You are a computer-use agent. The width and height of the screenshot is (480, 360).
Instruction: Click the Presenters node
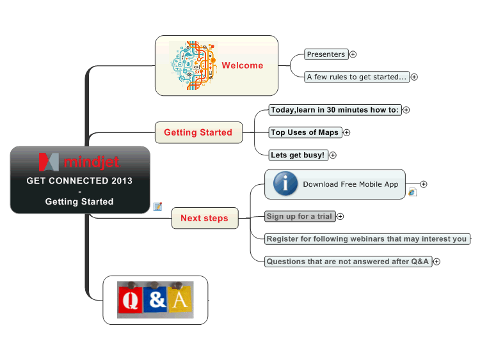pyautogui.click(x=326, y=54)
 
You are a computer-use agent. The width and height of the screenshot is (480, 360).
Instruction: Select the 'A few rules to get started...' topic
pyautogui.click(x=356, y=77)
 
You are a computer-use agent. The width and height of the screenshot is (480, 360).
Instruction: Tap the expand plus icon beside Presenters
pyautogui.click(x=353, y=54)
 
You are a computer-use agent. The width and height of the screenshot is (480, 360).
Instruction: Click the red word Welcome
pyautogui.click(x=243, y=65)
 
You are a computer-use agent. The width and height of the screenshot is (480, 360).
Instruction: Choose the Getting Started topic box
pyautogui.click(x=198, y=132)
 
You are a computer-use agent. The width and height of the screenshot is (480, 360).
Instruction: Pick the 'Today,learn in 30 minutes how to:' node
pyautogui.click(x=335, y=110)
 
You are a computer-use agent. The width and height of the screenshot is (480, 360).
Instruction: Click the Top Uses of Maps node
pyautogui.click(x=305, y=132)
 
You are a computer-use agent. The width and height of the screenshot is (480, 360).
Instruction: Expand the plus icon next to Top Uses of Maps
pyautogui.click(x=346, y=133)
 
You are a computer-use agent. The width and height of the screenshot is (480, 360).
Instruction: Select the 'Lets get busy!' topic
pyautogui.click(x=298, y=155)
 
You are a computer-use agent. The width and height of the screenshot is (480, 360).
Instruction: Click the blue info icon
pyautogui.click(x=285, y=184)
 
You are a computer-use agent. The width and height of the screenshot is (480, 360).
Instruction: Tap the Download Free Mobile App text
pyautogui.click(x=351, y=184)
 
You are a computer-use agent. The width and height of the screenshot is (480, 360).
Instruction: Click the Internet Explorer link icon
pyautogui.click(x=412, y=192)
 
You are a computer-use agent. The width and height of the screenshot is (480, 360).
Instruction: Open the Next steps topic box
pyautogui.click(x=205, y=218)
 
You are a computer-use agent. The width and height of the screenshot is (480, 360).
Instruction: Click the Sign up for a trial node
pyautogui.click(x=300, y=217)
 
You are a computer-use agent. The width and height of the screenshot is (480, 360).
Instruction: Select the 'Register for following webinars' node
pyautogui.click(x=367, y=239)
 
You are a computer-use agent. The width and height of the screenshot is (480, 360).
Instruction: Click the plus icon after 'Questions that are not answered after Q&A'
pyautogui.click(x=437, y=262)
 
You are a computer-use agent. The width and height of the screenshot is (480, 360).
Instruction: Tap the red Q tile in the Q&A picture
pyautogui.click(x=130, y=300)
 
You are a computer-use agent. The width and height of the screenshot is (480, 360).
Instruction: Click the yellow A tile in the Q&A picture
pyautogui.click(x=180, y=300)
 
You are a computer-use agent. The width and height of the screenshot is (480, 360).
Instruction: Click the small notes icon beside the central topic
pyautogui.click(x=157, y=207)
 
